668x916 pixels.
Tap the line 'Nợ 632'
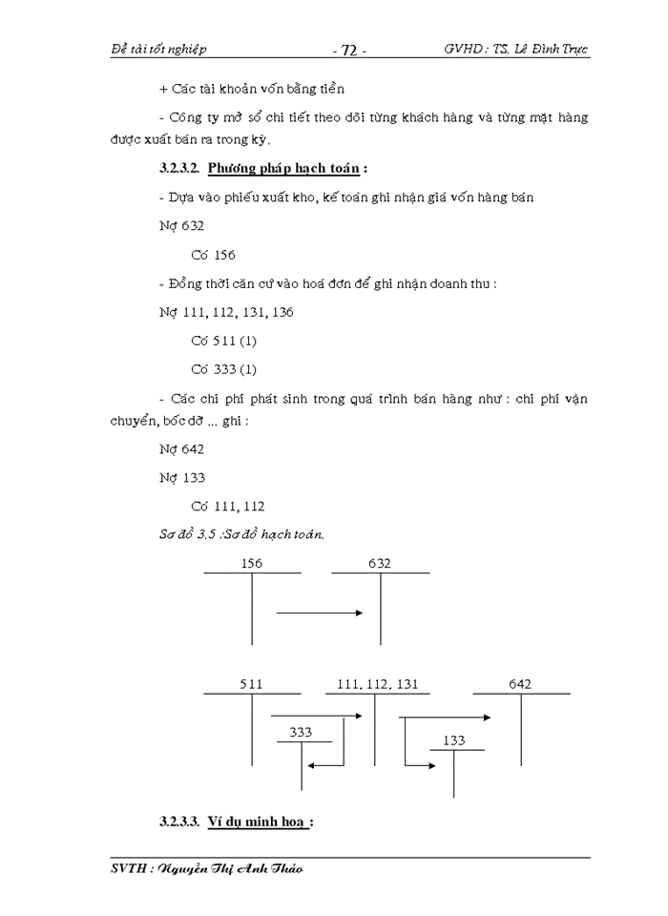coord(181,226)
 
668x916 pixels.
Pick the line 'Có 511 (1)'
coord(224,341)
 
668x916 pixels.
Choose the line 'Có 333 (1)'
coord(224,369)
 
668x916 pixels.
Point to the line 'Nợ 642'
coord(181,448)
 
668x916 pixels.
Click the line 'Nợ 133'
coord(181,477)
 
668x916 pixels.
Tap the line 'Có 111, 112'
coord(228,506)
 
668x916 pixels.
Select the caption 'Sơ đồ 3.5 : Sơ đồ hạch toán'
coord(242,534)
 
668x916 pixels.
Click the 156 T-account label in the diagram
coord(252,564)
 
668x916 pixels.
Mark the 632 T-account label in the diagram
coord(380,564)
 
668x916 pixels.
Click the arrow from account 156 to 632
coord(322,614)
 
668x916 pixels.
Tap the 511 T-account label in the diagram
coord(252,684)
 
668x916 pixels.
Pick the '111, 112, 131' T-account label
coord(378,684)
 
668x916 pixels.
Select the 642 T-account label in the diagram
coord(521,684)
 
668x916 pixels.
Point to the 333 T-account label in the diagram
coord(301,732)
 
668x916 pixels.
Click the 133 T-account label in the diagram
coord(454,740)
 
